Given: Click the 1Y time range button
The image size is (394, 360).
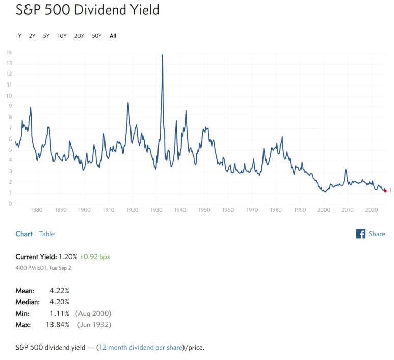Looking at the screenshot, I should click(18, 36).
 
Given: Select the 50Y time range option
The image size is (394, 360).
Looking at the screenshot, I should click(96, 36).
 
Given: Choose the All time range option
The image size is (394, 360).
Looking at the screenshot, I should click(113, 36).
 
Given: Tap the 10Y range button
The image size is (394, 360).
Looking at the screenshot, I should click(62, 36).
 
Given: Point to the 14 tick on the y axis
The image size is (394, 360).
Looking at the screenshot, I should click(9, 52).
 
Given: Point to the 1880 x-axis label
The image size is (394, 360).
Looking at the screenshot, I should click(35, 209).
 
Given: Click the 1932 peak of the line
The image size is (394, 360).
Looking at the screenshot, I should click(163, 55).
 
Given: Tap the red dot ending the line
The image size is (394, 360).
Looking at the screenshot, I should click(385, 190).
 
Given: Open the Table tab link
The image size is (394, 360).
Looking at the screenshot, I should click(47, 234).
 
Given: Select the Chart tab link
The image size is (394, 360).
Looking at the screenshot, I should click(24, 234).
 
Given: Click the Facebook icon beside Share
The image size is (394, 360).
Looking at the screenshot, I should click(361, 234).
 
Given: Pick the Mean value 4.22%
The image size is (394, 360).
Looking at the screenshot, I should click(59, 291).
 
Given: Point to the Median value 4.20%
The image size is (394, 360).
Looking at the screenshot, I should click(59, 301).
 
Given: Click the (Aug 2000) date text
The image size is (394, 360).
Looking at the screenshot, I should click(93, 313).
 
